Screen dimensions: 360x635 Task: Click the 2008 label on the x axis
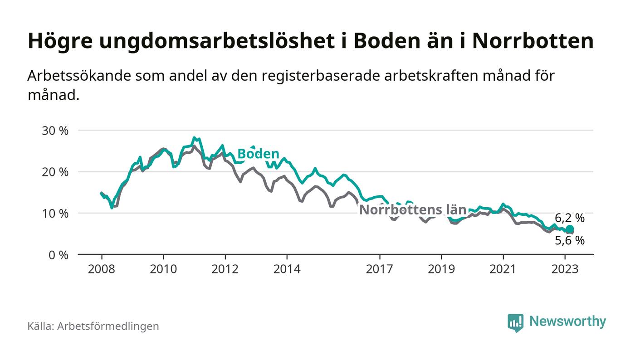pos(101,269)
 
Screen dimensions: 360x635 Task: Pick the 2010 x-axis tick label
pos(163,269)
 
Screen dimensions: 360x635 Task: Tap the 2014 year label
pos(287,269)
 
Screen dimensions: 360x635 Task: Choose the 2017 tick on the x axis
pos(379,269)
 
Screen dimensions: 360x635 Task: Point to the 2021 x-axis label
pos(503,269)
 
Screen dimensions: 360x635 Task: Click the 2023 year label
pos(565,269)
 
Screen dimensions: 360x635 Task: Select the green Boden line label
pos(258,153)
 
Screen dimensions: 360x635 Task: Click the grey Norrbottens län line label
pos(413,209)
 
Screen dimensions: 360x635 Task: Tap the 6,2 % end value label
pos(570,218)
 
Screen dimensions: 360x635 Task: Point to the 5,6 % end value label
pos(570,241)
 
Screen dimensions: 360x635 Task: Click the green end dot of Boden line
pos(570,229)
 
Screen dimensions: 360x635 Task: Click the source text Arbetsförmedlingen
pos(108,326)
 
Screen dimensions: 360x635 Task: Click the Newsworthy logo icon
pos(515,322)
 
